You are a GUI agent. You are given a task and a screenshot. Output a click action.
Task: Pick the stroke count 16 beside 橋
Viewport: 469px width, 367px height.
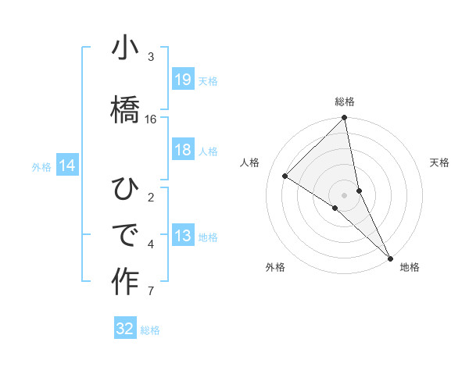(x=151, y=119)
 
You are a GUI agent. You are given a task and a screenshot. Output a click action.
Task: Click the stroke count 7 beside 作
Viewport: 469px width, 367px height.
(x=151, y=292)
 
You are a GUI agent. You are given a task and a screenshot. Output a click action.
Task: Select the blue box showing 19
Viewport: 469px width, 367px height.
(x=183, y=80)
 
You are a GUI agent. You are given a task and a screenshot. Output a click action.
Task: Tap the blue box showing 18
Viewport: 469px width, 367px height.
(x=183, y=151)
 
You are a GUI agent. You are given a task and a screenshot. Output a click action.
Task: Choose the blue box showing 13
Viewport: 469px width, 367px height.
(x=183, y=237)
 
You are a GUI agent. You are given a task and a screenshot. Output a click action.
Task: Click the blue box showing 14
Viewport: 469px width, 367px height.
(x=67, y=166)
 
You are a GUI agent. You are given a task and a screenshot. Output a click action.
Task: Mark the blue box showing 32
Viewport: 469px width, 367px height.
(x=125, y=329)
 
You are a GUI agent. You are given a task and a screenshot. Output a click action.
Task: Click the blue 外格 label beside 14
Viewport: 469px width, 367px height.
(x=41, y=166)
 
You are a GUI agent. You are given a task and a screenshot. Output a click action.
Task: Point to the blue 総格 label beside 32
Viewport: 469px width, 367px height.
(x=150, y=330)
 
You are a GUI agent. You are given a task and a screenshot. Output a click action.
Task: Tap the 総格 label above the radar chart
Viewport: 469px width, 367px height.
(x=345, y=102)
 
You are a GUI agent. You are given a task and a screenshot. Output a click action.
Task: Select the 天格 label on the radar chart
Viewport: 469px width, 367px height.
(x=439, y=162)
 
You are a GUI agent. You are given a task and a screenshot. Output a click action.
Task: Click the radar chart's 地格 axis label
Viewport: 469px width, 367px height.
(x=410, y=267)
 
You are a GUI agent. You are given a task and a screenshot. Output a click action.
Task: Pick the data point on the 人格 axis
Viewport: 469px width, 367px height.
(x=285, y=176)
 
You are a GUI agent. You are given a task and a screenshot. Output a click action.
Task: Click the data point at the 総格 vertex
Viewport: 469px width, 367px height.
(x=345, y=119)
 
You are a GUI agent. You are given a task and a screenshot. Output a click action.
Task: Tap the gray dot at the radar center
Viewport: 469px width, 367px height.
(x=345, y=194)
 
